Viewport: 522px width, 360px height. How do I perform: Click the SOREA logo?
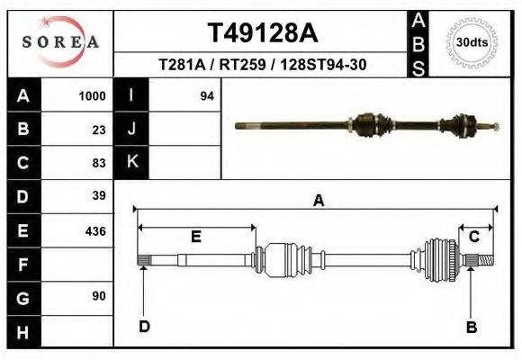point(59,41)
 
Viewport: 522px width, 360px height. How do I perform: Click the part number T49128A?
point(262,33)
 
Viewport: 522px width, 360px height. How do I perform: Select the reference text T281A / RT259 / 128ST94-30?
point(262,65)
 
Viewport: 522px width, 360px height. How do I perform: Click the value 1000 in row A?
point(93,96)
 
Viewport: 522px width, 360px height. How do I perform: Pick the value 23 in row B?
point(99,130)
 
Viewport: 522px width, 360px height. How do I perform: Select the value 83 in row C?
point(99,163)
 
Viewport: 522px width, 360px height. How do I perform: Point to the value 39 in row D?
point(99,195)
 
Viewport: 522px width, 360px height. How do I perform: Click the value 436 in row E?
point(95,230)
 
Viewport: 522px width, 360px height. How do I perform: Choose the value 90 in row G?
point(99,296)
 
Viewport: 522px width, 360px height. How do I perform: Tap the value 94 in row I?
point(206,96)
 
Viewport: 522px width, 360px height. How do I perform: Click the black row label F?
point(22,264)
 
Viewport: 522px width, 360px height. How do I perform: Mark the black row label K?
point(131,162)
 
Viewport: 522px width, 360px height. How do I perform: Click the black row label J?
point(131,130)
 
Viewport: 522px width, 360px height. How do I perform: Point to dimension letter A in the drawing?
point(318,201)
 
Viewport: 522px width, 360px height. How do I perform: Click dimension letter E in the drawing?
point(195,237)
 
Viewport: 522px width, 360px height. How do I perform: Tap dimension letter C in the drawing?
point(473,236)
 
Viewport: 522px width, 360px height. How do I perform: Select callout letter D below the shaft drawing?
point(144,327)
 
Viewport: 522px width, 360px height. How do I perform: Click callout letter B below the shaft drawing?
point(471,328)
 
